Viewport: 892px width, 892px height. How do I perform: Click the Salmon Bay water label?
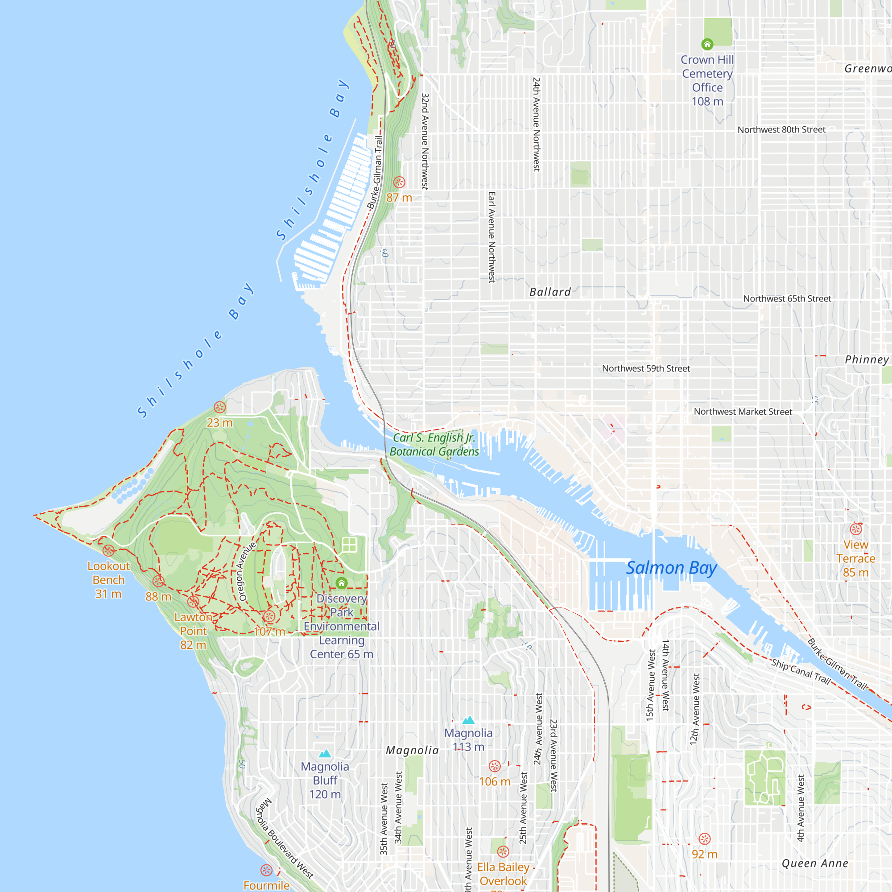pyautogui.click(x=671, y=568)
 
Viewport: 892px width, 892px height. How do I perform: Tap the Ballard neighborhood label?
pyautogui.click(x=550, y=292)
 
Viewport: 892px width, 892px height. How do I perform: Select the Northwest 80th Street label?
pyautogui.click(x=781, y=130)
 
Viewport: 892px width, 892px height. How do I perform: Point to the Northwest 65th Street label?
pyautogui.click(x=787, y=299)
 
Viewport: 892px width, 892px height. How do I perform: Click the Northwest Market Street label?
pyautogui.click(x=743, y=412)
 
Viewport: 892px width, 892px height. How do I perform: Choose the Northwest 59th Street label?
pyautogui.click(x=646, y=368)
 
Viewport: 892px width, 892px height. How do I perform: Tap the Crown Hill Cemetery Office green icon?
pyautogui.click(x=707, y=44)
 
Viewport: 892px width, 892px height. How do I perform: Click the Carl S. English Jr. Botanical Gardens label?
pyautogui.click(x=434, y=445)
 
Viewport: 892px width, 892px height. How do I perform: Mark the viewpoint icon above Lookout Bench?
pyautogui.click(x=108, y=550)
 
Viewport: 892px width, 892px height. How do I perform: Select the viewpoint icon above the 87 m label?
pyautogui.click(x=399, y=182)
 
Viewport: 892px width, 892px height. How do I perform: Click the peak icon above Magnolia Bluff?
pyautogui.click(x=325, y=753)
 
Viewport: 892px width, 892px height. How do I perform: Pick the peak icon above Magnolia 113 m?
pyautogui.click(x=468, y=720)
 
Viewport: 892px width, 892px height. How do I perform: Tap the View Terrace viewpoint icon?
pyautogui.click(x=856, y=529)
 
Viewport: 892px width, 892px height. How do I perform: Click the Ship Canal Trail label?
pyautogui.click(x=801, y=672)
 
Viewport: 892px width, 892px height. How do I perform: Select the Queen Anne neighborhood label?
pyautogui.click(x=815, y=863)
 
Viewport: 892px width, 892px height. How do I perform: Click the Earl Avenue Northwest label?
pyautogui.click(x=491, y=237)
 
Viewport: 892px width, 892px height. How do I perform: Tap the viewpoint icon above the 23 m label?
pyautogui.click(x=220, y=407)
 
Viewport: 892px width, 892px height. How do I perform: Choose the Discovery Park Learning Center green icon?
pyautogui.click(x=342, y=583)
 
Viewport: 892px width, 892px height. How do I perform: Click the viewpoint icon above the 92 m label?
pyautogui.click(x=705, y=839)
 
